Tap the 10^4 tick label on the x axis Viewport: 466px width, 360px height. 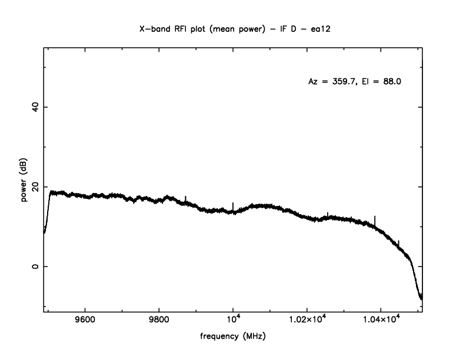coord(233,321)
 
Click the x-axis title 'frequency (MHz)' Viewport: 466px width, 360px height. coord(232,337)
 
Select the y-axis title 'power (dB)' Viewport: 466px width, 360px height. coord(24,182)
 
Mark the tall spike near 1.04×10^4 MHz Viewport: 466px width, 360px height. coord(375,219)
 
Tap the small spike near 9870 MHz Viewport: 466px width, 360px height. coord(186,199)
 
